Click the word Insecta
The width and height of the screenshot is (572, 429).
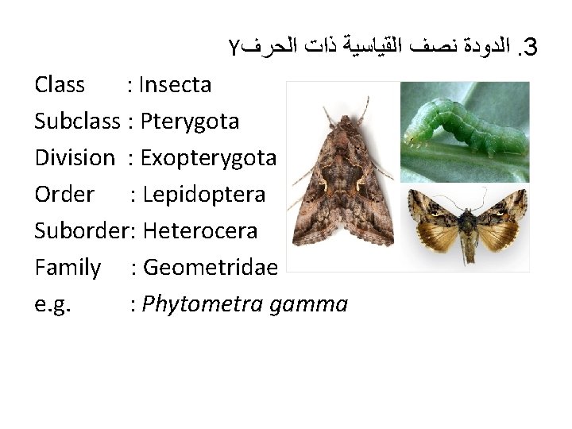(x=176, y=84)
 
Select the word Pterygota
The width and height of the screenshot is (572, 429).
(x=189, y=121)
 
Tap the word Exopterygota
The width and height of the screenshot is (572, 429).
(x=208, y=157)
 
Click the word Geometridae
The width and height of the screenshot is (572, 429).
(x=209, y=268)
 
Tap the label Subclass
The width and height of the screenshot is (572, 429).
(x=77, y=121)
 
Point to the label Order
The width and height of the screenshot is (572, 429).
(x=64, y=194)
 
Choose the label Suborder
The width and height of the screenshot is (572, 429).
(x=84, y=230)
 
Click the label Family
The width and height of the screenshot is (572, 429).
(x=68, y=268)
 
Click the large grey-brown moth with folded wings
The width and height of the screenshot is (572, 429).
(x=342, y=179)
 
